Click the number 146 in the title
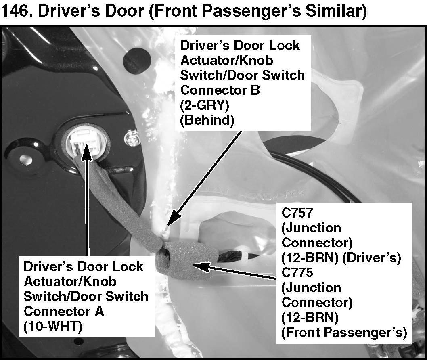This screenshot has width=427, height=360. point(17,11)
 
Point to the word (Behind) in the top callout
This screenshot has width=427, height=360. point(207,120)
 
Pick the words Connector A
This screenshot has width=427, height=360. point(64,311)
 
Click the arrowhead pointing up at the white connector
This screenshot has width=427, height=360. point(86,155)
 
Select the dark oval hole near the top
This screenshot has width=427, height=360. point(137,58)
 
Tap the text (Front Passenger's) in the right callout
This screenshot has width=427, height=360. point(343,332)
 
